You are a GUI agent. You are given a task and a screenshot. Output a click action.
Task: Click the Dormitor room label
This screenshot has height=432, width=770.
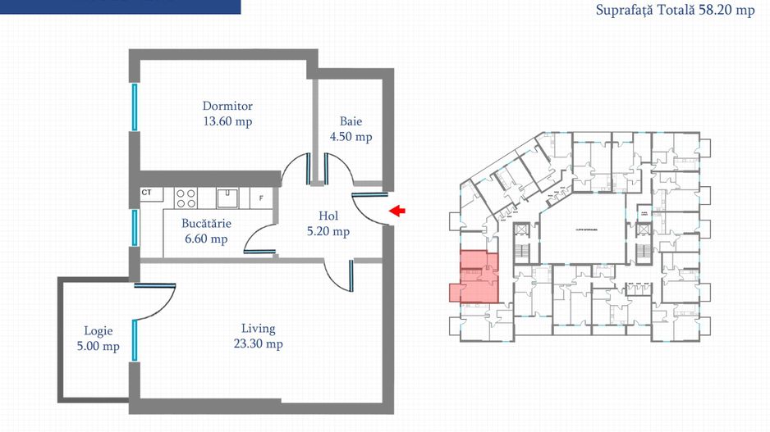[227, 106]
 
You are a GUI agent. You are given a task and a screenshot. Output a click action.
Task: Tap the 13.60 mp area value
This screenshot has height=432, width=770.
[227, 121]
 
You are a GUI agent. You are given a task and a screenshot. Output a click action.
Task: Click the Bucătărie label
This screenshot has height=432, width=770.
[207, 223]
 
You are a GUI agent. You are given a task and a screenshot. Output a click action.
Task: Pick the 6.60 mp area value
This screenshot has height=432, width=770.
[207, 239]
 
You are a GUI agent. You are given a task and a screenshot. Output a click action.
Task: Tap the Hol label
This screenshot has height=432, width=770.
[328, 216]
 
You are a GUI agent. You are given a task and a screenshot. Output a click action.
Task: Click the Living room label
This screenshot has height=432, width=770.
[258, 328]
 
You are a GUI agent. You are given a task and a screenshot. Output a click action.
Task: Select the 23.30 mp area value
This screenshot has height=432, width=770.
[258, 344]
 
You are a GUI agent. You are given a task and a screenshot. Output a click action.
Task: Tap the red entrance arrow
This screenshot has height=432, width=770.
[397, 211]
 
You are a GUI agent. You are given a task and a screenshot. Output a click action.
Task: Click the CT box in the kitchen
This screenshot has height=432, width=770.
[148, 193]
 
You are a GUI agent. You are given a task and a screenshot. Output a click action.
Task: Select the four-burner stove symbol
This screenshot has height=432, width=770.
[186, 198]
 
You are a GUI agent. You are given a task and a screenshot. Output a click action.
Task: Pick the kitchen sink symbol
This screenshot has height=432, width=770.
[227, 198]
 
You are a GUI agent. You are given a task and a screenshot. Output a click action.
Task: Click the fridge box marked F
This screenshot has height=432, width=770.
[262, 198]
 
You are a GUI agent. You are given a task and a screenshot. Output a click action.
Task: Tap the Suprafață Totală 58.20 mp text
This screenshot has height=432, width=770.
[675, 11]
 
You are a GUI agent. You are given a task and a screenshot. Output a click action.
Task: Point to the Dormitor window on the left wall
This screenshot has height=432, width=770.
[134, 106]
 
